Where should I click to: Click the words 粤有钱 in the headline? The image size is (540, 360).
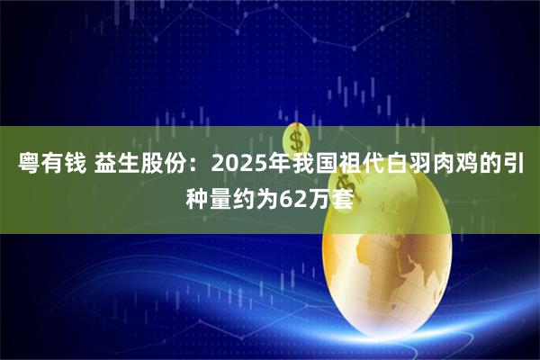click(50, 165)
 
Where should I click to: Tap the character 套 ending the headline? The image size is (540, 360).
click(343, 193)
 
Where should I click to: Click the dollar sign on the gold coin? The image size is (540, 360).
click(296, 139)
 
